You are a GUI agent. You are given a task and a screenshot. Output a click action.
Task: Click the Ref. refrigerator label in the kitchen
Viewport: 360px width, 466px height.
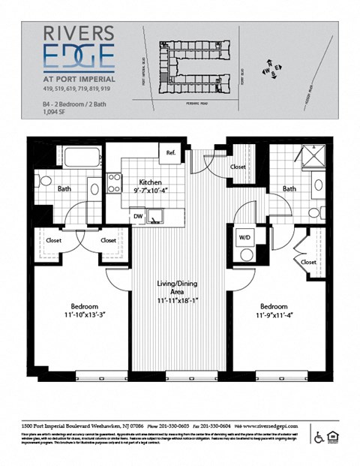[x=171, y=153]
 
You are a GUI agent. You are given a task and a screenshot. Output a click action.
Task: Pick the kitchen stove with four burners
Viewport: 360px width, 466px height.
[x=115, y=183]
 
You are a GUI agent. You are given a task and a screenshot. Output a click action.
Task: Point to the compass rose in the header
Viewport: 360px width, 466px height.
[x=270, y=71]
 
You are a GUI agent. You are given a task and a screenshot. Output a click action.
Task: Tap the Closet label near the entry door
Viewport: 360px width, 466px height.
[x=238, y=167]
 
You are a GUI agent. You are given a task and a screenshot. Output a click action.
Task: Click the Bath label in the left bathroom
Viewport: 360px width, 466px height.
[x=65, y=188]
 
